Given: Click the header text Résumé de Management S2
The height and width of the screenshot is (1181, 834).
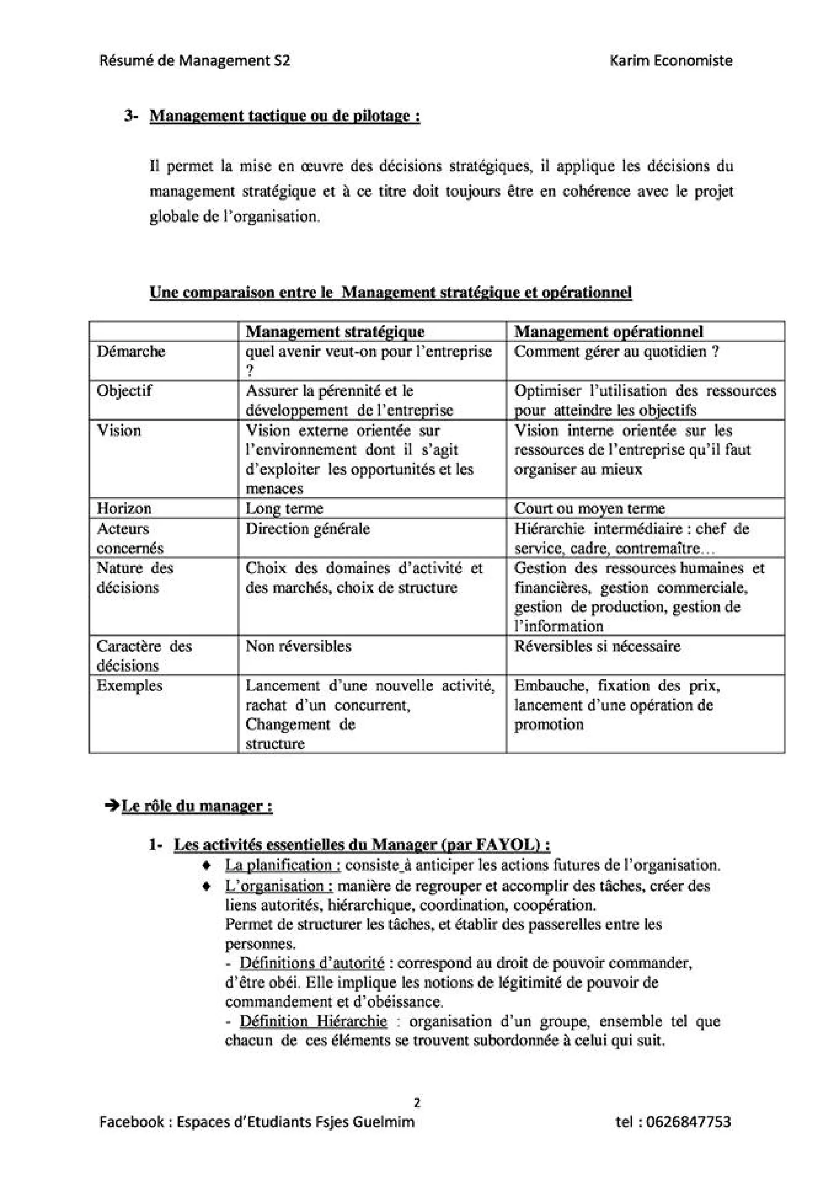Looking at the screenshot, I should [195, 61].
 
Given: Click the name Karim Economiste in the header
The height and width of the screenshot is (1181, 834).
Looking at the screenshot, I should [671, 61].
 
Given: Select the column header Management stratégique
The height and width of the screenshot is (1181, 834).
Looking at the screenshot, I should [335, 332].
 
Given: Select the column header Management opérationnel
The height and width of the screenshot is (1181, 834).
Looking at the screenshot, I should [609, 332].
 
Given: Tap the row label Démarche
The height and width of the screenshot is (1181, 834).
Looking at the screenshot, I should [131, 352].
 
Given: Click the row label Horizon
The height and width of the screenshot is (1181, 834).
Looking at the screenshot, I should [124, 509].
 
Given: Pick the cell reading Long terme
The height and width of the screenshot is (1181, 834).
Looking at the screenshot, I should [284, 509].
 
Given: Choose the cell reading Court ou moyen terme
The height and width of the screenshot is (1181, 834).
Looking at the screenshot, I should [589, 509].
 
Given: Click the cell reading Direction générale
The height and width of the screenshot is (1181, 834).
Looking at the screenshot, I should [307, 529].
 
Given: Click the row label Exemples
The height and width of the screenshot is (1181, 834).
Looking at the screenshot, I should [129, 686].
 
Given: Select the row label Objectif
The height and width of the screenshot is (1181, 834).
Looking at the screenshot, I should [124, 391].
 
